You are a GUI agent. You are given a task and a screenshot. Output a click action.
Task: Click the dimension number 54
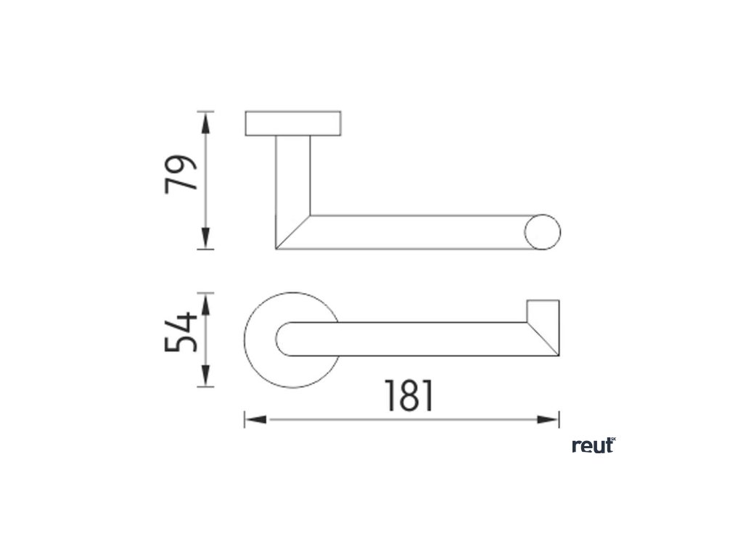pos(181,332)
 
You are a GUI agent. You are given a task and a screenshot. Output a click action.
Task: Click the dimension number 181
pos(409,395)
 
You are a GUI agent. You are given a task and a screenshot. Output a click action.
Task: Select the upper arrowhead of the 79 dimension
pos(205,123)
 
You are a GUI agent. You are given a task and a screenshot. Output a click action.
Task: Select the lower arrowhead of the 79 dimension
pos(205,238)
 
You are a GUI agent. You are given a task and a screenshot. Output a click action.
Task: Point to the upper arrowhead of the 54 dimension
pos(205,305)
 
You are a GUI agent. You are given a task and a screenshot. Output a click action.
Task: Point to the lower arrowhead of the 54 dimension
pos(205,376)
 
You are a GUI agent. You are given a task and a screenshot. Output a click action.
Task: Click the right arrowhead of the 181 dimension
pos(548,420)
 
